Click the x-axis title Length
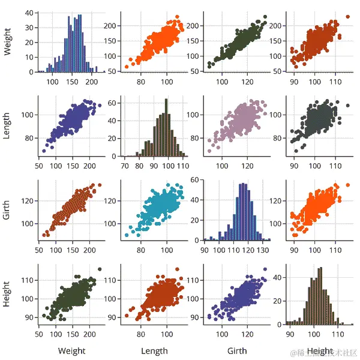point(154,351)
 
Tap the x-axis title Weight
point(71,351)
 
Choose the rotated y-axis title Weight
point(7,41)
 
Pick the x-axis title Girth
point(238,351)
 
